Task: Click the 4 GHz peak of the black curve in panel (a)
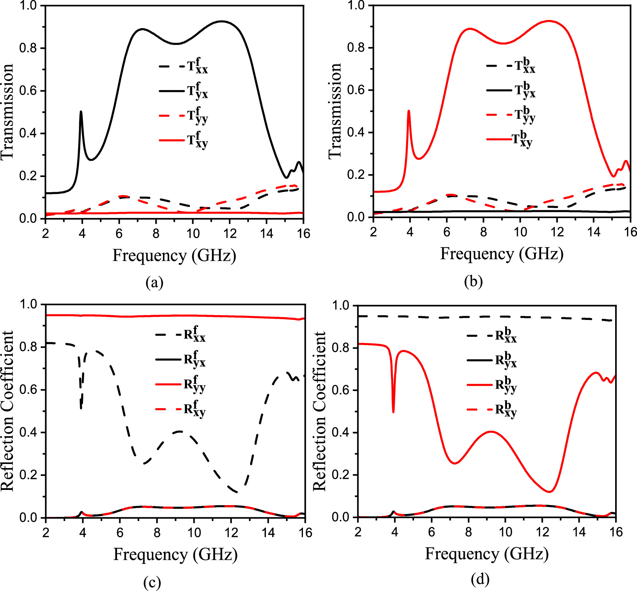(x=81, y=112)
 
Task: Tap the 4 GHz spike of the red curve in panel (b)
(x=408, y=111)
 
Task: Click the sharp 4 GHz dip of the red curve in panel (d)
(x=393, y=411)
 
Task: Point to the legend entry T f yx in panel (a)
(x=184, y=91)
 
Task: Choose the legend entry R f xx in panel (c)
(x=181, y=335)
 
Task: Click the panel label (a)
(x=154, y=283)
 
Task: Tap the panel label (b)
(x=473, y=282)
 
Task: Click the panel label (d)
(x=480, y=578)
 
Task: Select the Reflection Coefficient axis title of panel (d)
(x=320, y=411)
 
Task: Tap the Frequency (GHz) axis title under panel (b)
(x=502, y=254)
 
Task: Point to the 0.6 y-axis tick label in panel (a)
(x=28, y=91)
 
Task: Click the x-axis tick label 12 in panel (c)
(x=230, y=533)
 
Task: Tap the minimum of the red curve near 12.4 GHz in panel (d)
(x=549, y=492)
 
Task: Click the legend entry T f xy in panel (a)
(x=184, y=140)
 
